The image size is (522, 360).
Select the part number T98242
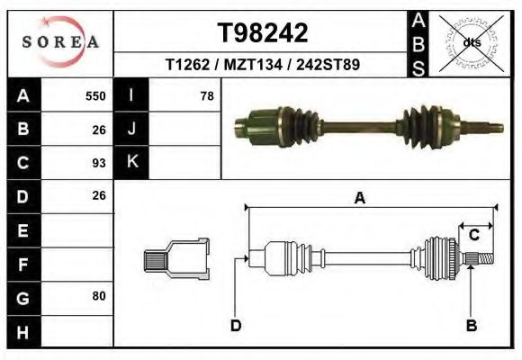coord(263,33)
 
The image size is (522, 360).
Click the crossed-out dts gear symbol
coord(471,42)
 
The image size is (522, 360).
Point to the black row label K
coord(131,163)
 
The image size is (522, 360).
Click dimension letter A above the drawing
coord(359,199)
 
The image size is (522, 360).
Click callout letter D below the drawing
coord(235,326)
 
